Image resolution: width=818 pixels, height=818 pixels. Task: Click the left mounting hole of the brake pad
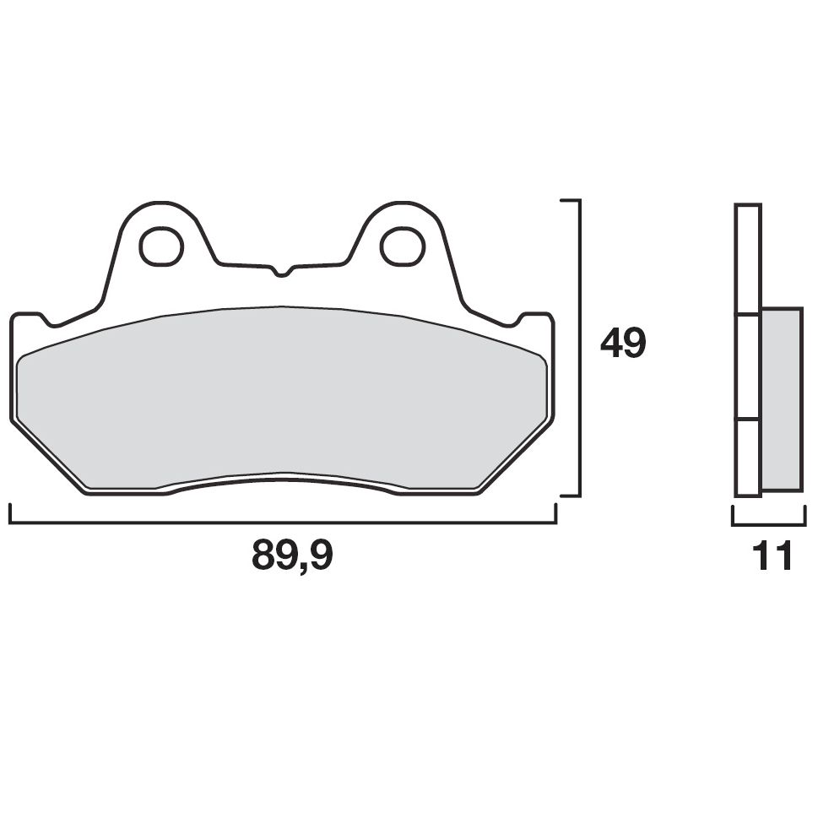161,246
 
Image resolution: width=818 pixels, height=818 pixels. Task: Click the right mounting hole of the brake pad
402,246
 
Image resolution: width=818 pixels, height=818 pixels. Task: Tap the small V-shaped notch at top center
282,272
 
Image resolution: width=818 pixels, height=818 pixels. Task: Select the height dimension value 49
623,344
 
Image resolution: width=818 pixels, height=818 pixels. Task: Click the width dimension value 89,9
292,555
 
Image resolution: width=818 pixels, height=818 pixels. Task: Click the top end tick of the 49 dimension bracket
571,202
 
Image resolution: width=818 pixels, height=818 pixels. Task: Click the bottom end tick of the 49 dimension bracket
571,496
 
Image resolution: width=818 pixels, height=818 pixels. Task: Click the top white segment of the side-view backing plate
748,259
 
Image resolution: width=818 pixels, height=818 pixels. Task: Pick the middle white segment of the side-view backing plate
748,367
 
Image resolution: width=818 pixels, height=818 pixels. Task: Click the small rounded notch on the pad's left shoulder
51,322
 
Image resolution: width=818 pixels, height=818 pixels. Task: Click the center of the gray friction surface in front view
282,397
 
